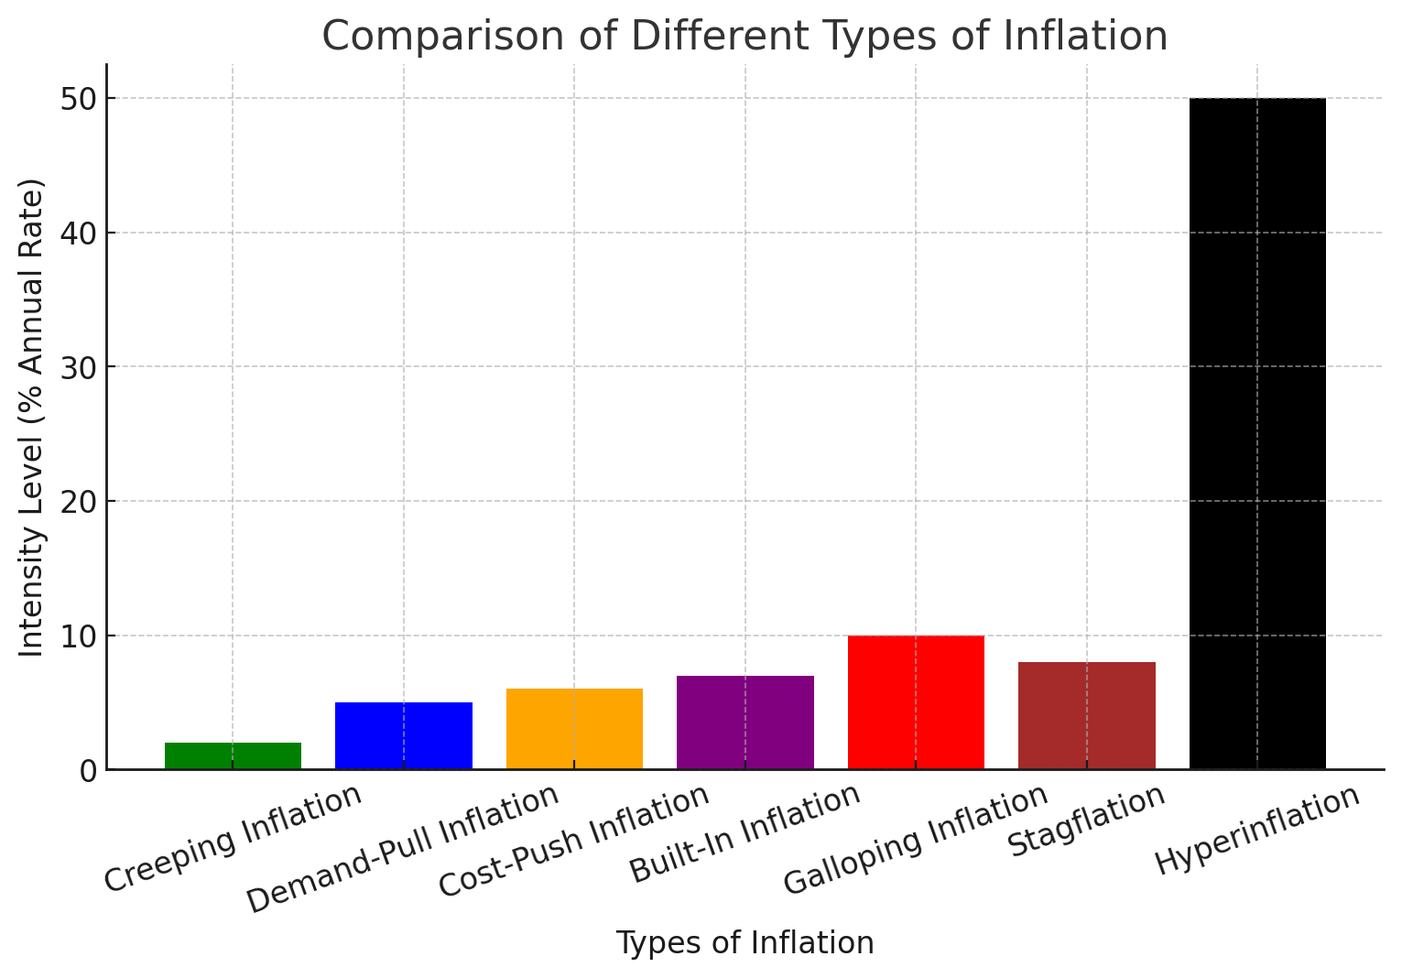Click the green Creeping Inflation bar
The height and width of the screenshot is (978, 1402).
233,755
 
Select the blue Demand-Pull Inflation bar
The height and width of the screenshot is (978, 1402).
403,735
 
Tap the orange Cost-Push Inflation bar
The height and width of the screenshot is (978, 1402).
574,729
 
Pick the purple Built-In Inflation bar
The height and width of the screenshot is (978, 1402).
744,723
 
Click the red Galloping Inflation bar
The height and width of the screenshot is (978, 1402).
916,702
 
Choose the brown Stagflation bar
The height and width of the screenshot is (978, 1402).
1086,715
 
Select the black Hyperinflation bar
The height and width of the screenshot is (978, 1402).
1256,433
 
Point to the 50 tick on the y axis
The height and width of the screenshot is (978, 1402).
79,99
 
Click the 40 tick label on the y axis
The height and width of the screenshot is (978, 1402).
79,234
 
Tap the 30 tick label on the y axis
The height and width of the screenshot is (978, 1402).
79,367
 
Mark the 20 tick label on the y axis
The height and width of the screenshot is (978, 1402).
79,502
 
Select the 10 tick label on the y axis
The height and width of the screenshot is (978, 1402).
79,636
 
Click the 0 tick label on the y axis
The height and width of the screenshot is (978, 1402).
88,771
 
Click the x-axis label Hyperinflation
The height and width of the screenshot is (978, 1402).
1256,830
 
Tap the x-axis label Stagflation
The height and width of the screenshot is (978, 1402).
1086,821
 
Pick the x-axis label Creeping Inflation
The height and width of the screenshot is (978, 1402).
233,838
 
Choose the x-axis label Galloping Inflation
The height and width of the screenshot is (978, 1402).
916,839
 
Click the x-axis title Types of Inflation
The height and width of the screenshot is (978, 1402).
744,942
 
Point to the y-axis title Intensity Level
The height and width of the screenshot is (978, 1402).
32,417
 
